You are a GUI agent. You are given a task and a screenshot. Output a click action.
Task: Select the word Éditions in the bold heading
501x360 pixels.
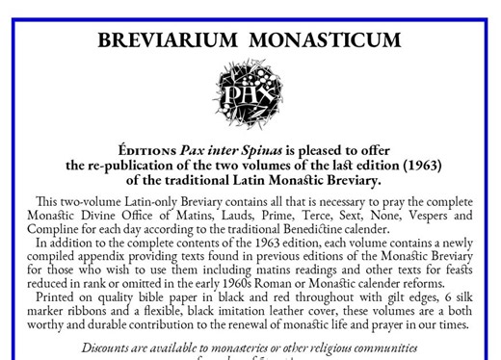[x=145, y=151]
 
